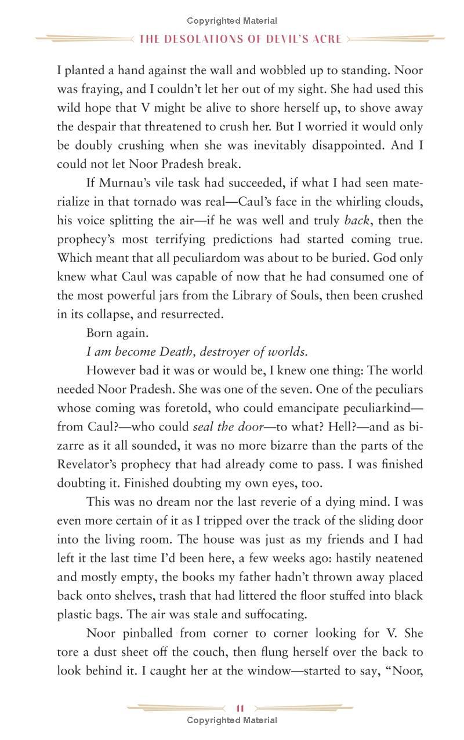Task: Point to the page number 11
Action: [x=240, y=708]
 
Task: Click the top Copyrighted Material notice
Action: [x=232, y=21]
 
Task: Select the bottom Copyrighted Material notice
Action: [x=232, y=720]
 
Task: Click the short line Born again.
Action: [x=117, y=333]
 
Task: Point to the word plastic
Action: [x=77, y=614]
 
